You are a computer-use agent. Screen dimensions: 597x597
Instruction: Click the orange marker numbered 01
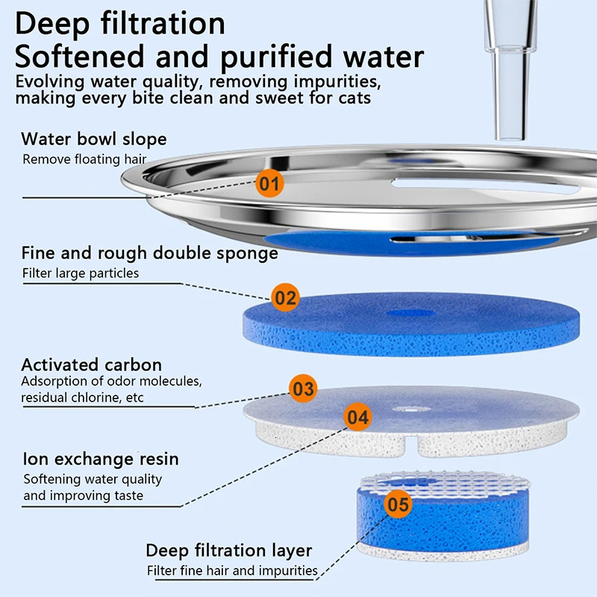click(269, 183)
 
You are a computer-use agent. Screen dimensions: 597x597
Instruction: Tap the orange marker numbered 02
click(285, 298)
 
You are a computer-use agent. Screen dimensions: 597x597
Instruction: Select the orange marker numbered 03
click(303, 389)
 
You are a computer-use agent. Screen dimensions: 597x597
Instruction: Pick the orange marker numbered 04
click(358, 417)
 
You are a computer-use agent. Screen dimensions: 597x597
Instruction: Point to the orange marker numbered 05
click(398, 505)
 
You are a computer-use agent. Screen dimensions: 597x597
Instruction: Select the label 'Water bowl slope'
click(94, 139)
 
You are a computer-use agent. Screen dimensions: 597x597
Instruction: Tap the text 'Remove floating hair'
click(84, 159)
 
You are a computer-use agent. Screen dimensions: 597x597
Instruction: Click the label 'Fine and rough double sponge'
click(149, 253)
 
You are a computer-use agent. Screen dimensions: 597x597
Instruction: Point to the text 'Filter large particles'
click(81, 273)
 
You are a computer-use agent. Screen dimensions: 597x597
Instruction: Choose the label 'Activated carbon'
click(91, 365)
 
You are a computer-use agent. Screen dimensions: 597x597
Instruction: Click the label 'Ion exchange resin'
click(100, 458)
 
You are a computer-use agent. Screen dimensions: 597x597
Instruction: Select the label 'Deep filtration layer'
click(228, 551)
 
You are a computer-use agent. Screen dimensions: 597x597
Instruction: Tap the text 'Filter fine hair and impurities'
click(232, 571)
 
